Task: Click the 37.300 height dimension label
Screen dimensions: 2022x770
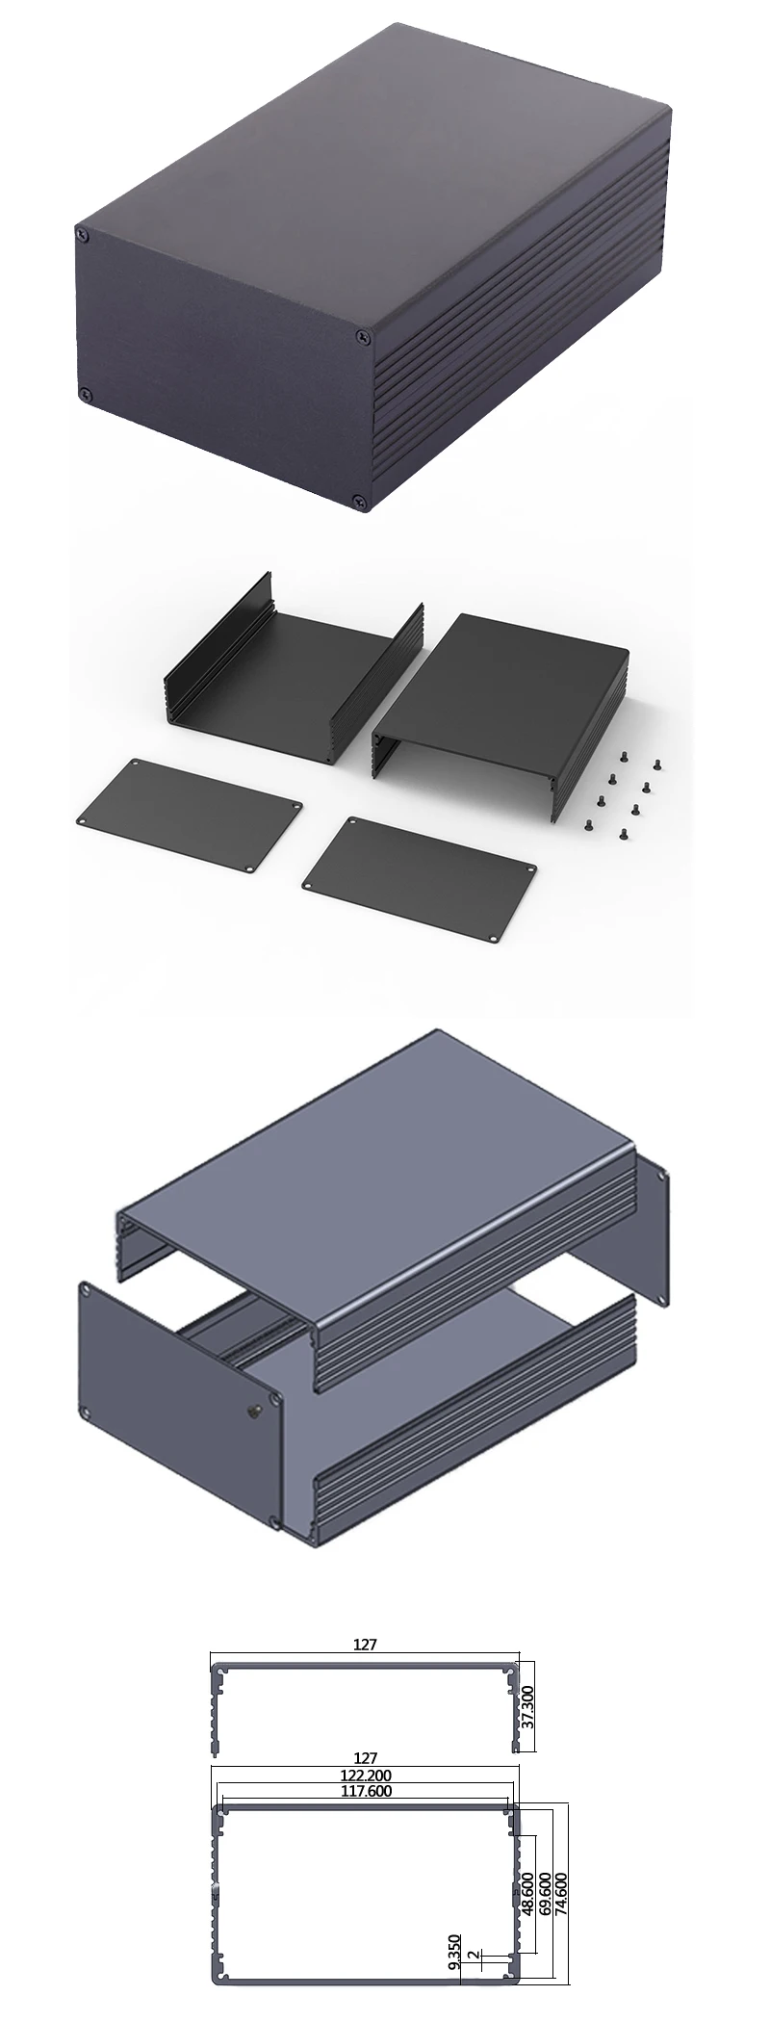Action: [x=526, y=1706]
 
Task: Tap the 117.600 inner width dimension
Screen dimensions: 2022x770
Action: [x=365, y=1791]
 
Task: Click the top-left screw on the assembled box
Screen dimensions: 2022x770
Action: [x=81, y=232]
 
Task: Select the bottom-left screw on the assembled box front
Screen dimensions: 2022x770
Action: [x=85, y=393]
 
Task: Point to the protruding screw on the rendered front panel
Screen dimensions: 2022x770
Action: [x=253, y=1411]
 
